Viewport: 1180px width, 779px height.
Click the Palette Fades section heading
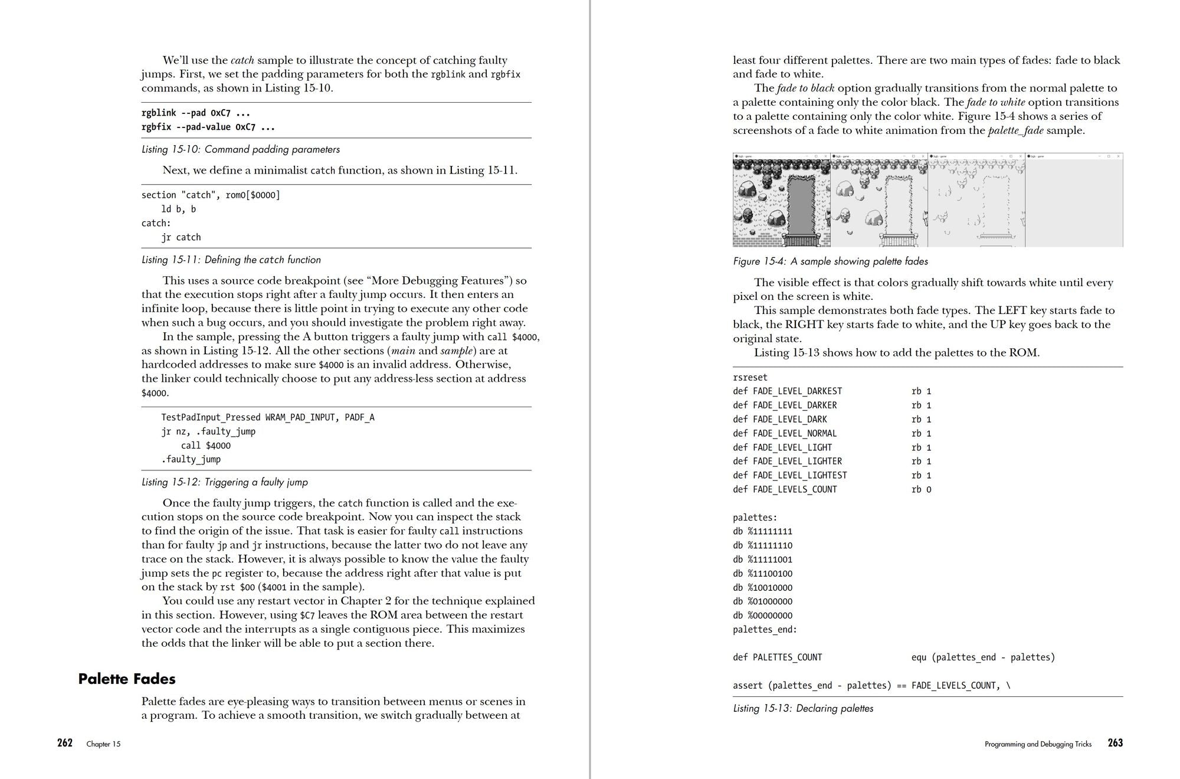(127, 679)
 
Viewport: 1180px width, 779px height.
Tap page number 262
(65, 743)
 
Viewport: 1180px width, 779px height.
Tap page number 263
(1115, 743)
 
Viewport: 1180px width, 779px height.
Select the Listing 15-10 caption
(241, 149)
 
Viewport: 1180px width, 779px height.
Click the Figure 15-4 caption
(830, 261)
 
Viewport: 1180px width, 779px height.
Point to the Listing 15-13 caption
(803, 708)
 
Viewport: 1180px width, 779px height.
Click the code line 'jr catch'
(181, 237)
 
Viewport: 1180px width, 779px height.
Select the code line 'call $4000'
(206, 446)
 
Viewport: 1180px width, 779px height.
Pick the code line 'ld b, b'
(179, 209)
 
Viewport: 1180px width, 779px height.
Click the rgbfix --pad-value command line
(208, 127)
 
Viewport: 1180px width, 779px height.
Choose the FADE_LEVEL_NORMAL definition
(785, 433)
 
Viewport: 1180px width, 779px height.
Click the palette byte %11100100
(763, 573)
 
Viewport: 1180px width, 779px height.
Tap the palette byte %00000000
(763, 616)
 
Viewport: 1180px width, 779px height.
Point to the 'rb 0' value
(921, 489)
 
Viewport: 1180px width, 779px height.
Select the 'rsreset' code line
(750, 377)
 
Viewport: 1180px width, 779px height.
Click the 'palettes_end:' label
(765, 629)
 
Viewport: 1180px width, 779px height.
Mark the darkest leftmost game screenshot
(781, 201)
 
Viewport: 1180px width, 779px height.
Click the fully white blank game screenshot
(1074, 201)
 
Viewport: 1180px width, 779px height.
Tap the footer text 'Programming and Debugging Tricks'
(1038, 744)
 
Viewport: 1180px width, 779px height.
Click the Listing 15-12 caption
(225, 482)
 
